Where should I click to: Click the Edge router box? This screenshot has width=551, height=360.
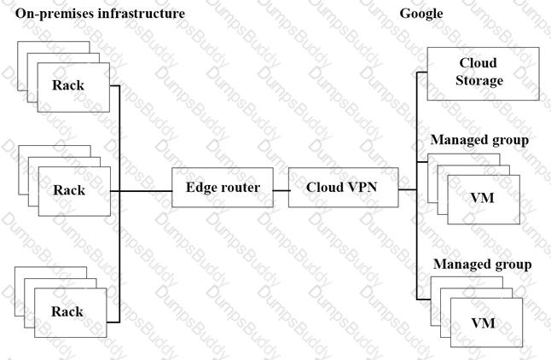click(x=223, y=188)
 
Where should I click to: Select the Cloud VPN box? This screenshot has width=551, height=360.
click(x=344, y=188)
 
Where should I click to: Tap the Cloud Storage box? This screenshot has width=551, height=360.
click(x=483, y=74)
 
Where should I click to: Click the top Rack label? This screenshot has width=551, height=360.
click(x=68, y=85)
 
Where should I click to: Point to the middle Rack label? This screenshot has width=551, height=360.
click(x=69, y=190)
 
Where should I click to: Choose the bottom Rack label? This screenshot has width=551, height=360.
click(x=67, y=311)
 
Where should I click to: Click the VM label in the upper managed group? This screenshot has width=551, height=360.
click(x=482, y=198)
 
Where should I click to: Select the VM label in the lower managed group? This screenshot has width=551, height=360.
click(x=483, y=323)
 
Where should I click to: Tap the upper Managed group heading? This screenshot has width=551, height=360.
click(x=479, y=140)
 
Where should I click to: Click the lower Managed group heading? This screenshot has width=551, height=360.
click(x=483, y=264)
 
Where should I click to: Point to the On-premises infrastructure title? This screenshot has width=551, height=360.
click(x=100, y=14)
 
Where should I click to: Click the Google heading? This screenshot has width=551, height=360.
click(x=421, y=14)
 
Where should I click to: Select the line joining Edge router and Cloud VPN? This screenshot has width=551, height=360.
click(x=281, y=191)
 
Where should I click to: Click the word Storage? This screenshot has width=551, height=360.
click(x=479, y=80)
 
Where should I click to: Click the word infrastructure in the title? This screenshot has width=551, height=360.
click(x=142, y=14)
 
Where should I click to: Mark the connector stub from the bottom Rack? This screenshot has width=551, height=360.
click(x=113, y=322)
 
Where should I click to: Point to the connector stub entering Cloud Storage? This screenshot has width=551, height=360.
click(x=422, y=73)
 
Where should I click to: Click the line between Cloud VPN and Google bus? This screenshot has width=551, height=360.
click(x=408, y=189)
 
